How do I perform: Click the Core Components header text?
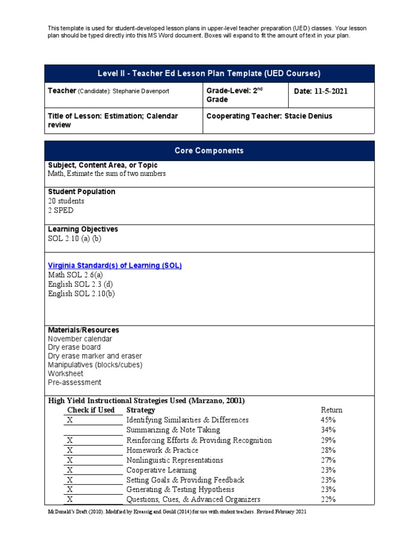coord(209,151)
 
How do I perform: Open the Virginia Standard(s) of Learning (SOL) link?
coord(114,266)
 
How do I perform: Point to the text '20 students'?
coord(66,201)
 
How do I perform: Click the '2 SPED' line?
coord(61,211)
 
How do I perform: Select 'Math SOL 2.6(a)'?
coord(75,275)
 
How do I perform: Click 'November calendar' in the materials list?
coord(80,339)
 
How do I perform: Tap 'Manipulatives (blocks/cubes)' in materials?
coord(95,365)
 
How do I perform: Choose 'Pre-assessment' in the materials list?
coord(74,382)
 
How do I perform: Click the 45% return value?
coord(328,420)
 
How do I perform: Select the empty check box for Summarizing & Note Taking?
coord(93,430)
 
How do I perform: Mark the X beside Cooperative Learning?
coord(70,470)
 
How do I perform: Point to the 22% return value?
coord(328,500)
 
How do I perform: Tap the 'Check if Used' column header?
coord(91,410)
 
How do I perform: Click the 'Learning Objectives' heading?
coord(83,229)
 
